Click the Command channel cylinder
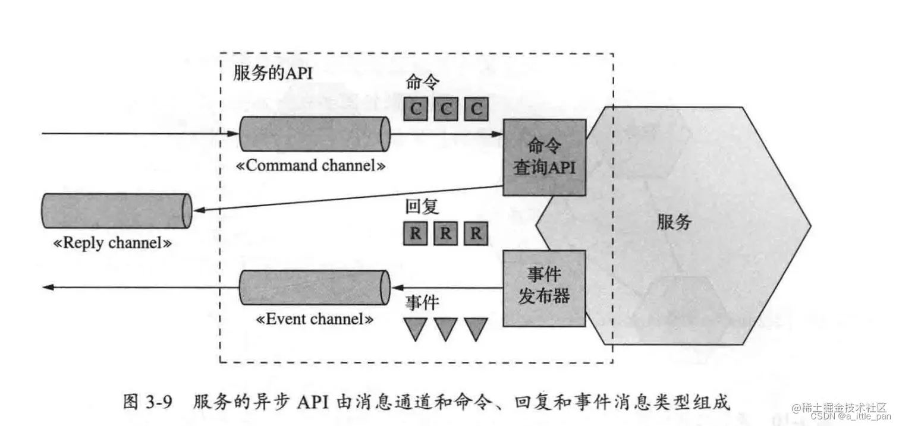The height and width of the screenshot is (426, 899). [x=314, y=134]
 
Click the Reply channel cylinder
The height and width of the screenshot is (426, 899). [x=117, y=211]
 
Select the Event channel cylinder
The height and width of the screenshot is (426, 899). [x=314, y=288]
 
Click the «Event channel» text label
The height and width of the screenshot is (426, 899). [x=315, y=319]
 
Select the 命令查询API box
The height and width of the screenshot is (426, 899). [x=544, y=157]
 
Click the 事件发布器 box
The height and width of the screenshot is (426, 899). [x=544, y=288]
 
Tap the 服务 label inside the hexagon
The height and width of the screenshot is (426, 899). [x=674, y=222]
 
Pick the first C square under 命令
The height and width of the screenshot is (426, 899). [x=416, y=109]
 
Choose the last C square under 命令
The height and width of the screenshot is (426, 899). [x=476, y=109]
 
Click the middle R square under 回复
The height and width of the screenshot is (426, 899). [x=445, y=233]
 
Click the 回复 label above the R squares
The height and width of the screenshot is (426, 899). [x=422, y=206]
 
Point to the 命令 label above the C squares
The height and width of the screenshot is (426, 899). [x=423, y=82]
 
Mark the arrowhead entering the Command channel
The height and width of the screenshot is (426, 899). [x=233, y=134]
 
